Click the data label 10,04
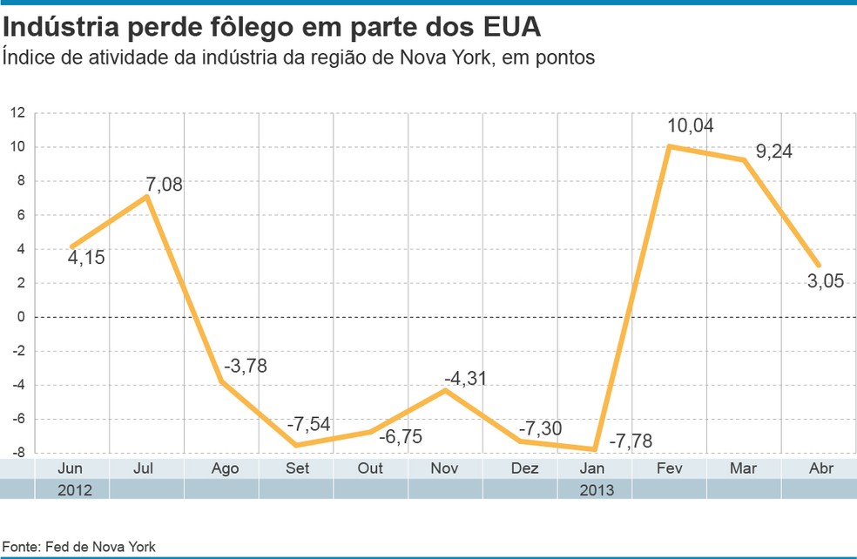(x=690, y=125)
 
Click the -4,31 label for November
(x=465, y=379)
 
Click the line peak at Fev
(x=669, y=146)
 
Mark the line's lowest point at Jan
(x=594, y=449)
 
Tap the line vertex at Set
(x=296, y=445)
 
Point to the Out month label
(x=371, y=468)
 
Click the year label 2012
(x=73, y=489)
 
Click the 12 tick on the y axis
(x=18, y=113)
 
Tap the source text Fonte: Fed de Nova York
(x=78, y=547)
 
